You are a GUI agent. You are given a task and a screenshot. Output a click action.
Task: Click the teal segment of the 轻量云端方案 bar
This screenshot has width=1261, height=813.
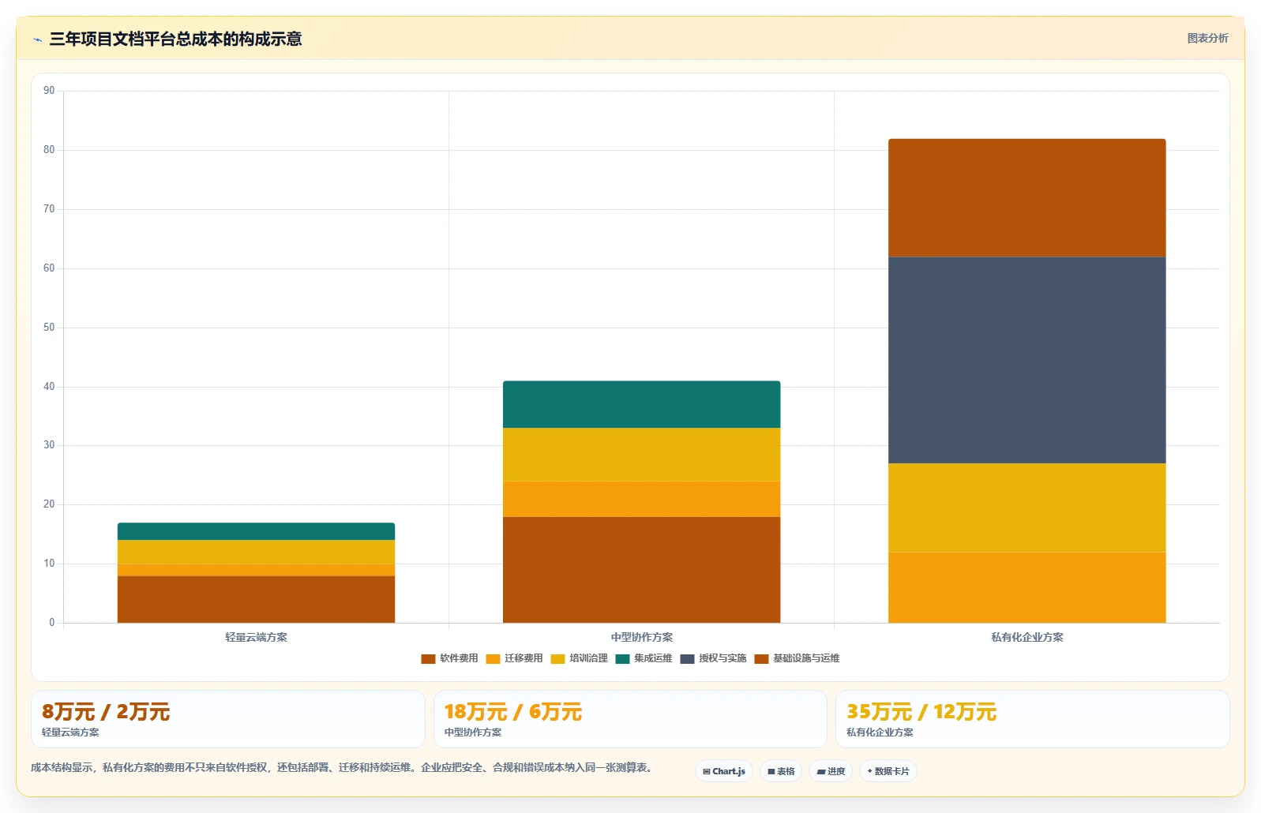pyautogui.click(x=256, y=531)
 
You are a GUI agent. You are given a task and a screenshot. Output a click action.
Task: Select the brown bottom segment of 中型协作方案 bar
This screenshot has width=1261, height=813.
pyautogui.click(x=642, y=569)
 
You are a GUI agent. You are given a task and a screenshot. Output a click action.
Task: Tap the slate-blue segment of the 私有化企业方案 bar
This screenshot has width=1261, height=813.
pyautogui.click(x=1026, y=360)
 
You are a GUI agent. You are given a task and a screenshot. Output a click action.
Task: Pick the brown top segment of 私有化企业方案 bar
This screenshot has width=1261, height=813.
pyautogui.click(x=1026, y=198)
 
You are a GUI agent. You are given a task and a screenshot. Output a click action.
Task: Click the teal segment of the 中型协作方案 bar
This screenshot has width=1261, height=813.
pyautogui.click(x=642, y=405)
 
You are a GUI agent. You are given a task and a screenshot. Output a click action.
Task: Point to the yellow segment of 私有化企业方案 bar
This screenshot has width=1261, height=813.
pyautogui.click(x=1026, y=508)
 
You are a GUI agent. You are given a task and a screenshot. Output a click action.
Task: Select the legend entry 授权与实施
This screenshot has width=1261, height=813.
pyautogui.click(x=713, y=658)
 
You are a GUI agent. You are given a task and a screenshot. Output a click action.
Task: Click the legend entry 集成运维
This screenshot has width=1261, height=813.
pyautogui.click(x=644, y=658)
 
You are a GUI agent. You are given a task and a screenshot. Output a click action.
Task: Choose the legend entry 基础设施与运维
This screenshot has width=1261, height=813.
pyautogui.click(x=798, y=658)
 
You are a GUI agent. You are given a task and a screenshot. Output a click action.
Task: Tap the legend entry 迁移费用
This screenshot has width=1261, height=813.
pyautogui.click(x=514, y=658)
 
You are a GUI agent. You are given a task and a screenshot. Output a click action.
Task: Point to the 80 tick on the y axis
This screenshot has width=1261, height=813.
pyautogui.click(x=49, y=150)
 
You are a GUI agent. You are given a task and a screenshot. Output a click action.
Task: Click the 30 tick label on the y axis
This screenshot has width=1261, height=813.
pyautogui.click(x=49, y=445)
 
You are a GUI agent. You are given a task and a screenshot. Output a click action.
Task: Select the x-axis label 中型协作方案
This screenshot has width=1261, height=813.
pyautogui.click(x=642, y=638)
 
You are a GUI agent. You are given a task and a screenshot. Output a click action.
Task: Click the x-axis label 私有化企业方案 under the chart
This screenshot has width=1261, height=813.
pyautogui.click(x=1026, y=638)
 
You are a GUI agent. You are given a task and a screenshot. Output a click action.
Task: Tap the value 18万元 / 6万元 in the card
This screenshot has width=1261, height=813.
pyautogui.click(x=512, y=712)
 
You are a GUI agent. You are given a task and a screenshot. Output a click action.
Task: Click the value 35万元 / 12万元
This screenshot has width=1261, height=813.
pyautogui.click(x=921, y=712)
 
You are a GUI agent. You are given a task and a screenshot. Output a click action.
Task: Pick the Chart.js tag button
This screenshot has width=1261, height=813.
pyautogui.click(x=724, y=771)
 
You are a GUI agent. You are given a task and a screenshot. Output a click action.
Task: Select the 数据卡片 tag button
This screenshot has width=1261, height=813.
pyautogui.click(x=888, y=771)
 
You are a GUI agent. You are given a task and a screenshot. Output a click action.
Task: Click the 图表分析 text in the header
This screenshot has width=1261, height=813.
pyautogui.click(x=1207, y=38)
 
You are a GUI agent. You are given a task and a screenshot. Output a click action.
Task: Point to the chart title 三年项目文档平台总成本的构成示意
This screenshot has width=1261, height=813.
pyautogui.click(x=175, y=39)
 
